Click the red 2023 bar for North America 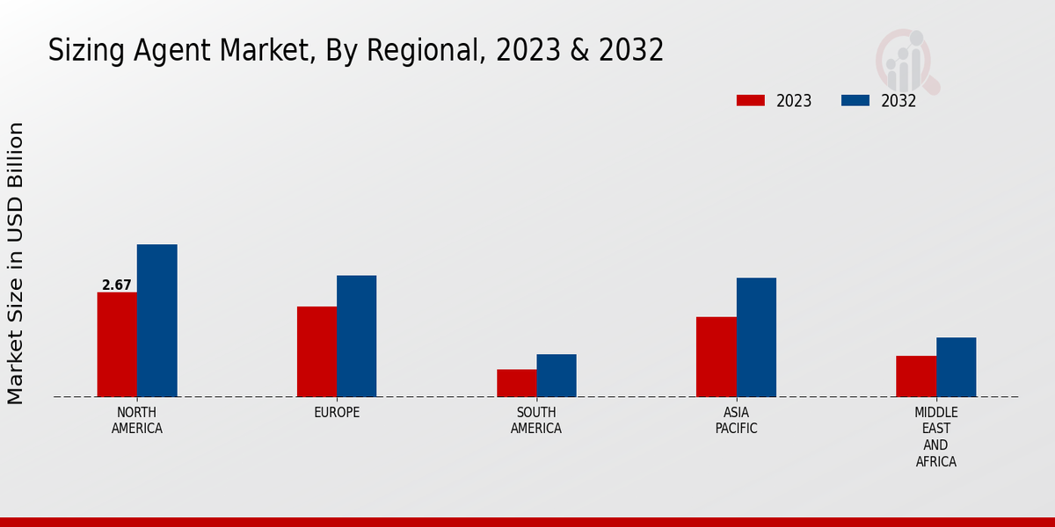[117, 344]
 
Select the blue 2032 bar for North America [157, 321]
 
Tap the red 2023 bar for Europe [316, 351]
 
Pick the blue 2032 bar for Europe [357, 336]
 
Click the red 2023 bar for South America [516, 383]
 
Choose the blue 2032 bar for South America [557, 375]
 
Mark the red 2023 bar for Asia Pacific [716, 357]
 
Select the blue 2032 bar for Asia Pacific [756, 337]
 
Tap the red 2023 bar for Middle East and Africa [916, 376]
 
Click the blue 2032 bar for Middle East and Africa [957, 367]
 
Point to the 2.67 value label [117, 285]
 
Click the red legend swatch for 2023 [751, 100]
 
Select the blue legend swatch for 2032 [855, 100]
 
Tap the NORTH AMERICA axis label [137, 421]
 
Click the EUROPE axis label [337, 412]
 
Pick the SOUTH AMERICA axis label [536, 421]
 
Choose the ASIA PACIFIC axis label [736, 421]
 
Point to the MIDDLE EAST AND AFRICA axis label [936, 437]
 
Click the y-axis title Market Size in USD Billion [16, 263]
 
